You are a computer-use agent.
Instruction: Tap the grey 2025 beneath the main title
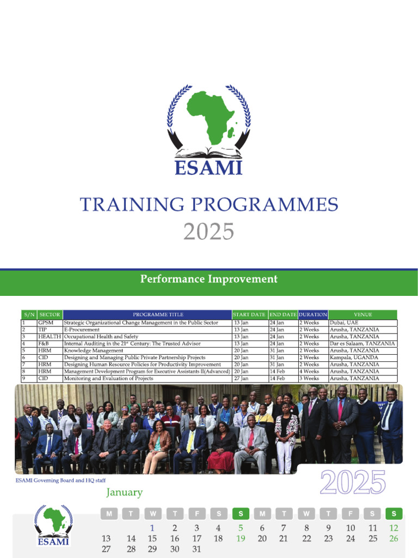tap(208, 232)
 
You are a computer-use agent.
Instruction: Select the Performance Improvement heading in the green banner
tap(209, 280)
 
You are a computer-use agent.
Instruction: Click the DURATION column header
tap(313, 315)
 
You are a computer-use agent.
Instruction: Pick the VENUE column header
tap(363, 315)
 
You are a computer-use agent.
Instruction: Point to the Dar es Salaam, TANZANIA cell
tap(362, 344)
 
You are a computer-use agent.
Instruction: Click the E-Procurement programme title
tap(82, 330)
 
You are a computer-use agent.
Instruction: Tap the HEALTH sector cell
tap(49, 337)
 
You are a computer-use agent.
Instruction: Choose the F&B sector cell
tap(44, 344)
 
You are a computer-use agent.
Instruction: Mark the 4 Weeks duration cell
tap(309, 371)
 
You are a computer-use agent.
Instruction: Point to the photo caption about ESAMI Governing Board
tap(60, 480)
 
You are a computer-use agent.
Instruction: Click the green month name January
tap(124, 493)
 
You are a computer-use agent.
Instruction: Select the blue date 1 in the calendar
tap(152, 527)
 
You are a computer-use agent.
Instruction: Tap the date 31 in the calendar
tap(196, 549)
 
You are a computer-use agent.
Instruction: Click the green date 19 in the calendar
tap(241, 538)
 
